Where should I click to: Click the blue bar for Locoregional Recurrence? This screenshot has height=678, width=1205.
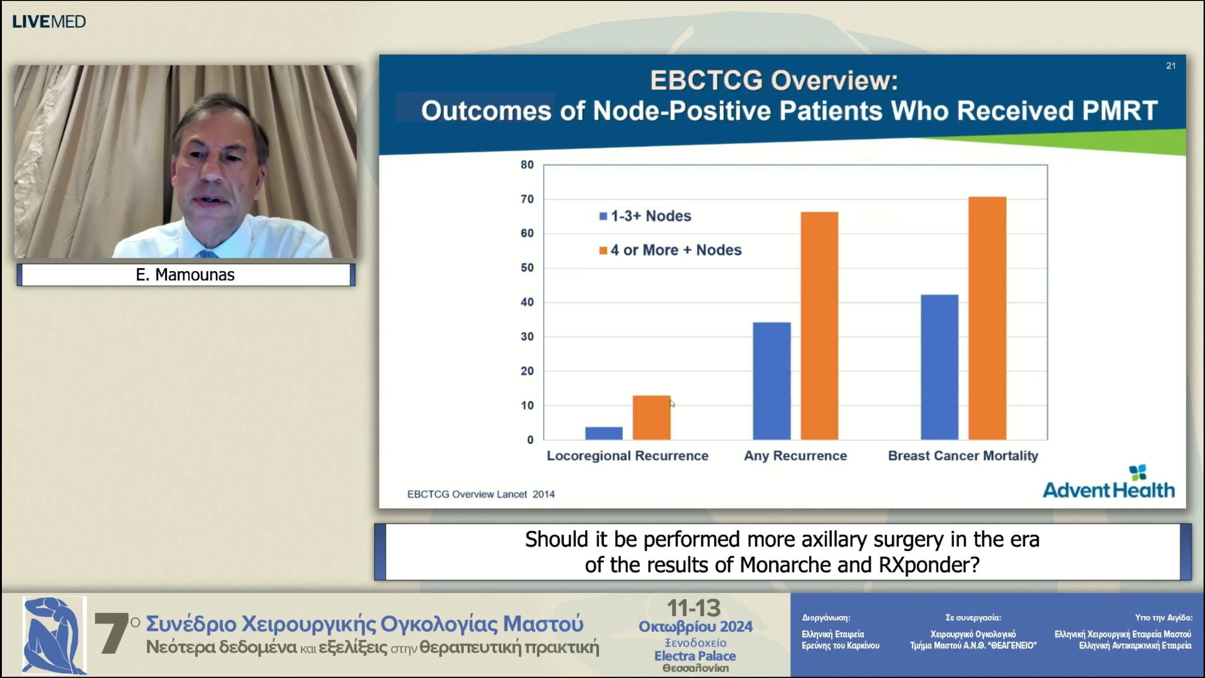(x=603, y=433)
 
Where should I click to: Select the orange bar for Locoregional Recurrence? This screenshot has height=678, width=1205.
(x=651, y=418)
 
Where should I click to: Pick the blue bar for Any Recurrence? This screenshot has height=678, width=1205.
(x=771, y=381)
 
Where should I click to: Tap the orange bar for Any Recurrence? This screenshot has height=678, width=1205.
(x=819, y=326)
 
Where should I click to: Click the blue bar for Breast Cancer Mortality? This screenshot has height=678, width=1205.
(x=939, y=367)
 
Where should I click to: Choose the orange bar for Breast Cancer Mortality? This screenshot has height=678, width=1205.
(x=987, y=318)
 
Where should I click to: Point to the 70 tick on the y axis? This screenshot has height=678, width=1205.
(x=527, y=199)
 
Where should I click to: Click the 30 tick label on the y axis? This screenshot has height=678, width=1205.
(x=527, y=337)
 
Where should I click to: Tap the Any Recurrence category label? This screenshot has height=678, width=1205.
(x=795, y=456)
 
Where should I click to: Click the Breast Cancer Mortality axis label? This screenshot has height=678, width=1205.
(x=963, y=456)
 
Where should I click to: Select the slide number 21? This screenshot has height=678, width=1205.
(x=1171, y=66)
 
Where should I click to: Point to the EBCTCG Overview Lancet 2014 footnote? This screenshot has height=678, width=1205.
(x=481, y=494)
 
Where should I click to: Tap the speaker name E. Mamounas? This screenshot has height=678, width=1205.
(x=185, y=275)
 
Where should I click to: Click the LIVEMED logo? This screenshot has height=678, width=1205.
(x=49, y=22)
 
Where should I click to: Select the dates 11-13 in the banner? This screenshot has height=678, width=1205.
(x=694, y=608)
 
